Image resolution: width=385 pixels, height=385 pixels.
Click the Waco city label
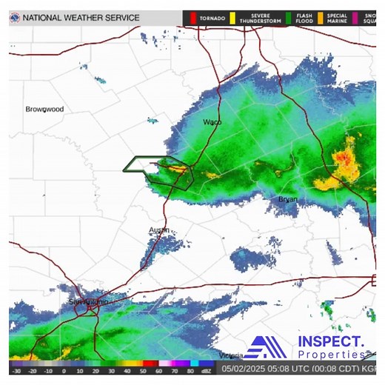coord(212,121)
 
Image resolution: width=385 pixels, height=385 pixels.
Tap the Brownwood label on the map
coord(45,109)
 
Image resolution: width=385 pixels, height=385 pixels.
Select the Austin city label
coord(159,230)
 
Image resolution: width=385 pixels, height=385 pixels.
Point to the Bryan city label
coord(287,199)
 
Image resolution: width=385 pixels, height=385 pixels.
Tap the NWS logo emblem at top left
coord(15,17)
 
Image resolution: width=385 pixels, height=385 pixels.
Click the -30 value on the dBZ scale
coord(16,370)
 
